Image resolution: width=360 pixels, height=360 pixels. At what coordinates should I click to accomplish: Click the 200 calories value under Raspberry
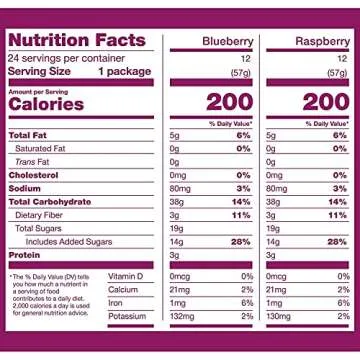click(325, 103)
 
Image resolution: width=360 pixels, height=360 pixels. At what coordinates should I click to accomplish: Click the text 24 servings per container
click(57, 57)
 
